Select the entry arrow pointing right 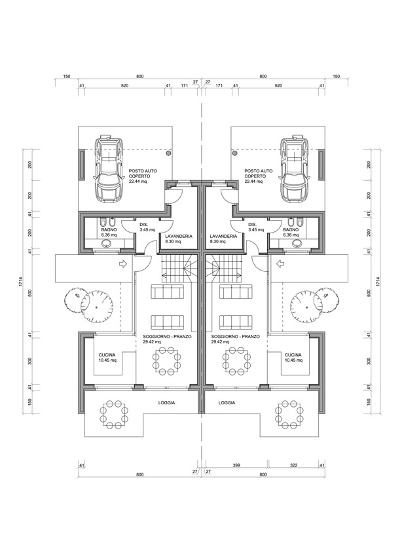pyautogui.click(x=122, y=265)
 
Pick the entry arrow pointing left pyautogui.click(x=280, y=265)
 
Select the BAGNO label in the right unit pyautogui.click(x=292, y=230)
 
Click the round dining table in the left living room pyautogui.click(x=167, y=360)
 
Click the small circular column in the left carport pyautogui.click(x=168, y=152)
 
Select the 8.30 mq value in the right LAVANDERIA pyautogui.click(x=217, y=241)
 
